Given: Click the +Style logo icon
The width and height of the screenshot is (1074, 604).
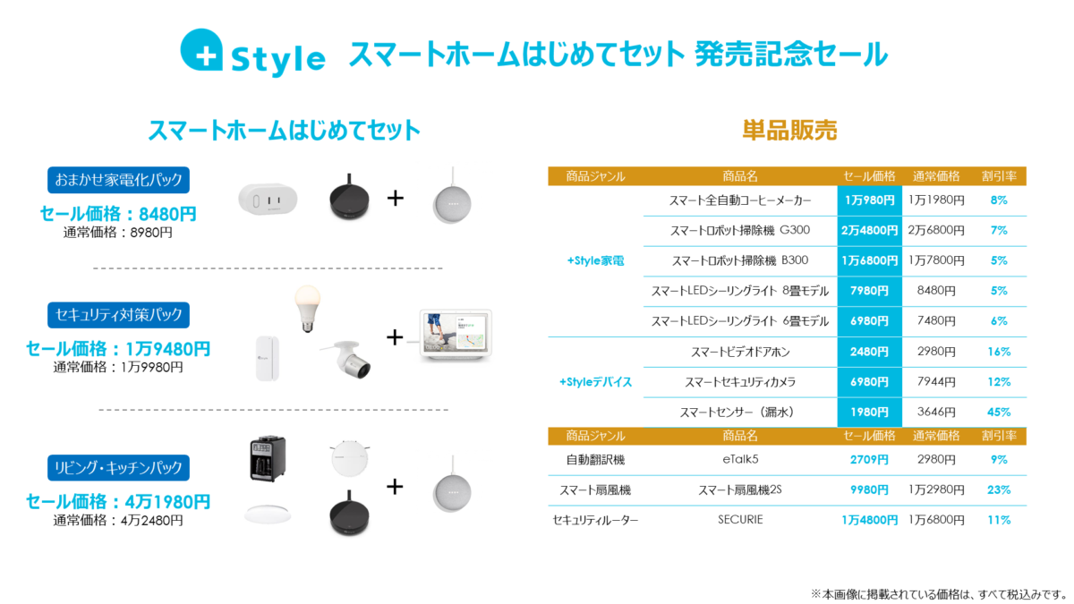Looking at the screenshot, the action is point(202,50).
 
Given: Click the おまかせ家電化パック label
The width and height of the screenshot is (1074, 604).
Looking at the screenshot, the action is point(118,180).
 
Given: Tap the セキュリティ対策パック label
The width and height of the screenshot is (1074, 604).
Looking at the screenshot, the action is point(118,315).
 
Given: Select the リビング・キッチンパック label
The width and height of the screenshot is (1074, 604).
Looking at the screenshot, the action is point(118,467).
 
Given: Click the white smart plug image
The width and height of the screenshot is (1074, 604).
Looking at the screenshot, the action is point(268,199).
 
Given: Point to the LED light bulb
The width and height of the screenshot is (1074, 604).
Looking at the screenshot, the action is point(307,309).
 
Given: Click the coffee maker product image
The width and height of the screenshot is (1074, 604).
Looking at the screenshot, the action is point(268,458).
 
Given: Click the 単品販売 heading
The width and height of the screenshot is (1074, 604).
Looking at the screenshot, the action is point(789,131).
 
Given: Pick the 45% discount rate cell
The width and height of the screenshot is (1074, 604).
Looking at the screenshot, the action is point(999,413).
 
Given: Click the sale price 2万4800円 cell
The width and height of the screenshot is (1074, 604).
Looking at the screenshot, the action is point(869,231).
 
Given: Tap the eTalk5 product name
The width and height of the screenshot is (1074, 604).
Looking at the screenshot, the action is point(740,460).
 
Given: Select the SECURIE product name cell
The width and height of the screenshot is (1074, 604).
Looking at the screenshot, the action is point(740,520).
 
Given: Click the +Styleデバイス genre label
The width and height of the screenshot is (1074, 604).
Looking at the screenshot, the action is point(595,382).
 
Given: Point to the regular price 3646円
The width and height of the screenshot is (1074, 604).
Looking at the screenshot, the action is point(936,413).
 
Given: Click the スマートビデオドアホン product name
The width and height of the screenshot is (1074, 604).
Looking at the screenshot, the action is point(740,353).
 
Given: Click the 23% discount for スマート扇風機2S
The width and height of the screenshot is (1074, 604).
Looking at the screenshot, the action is point(999,490).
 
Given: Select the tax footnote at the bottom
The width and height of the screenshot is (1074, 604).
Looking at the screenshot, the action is point(941,594).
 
